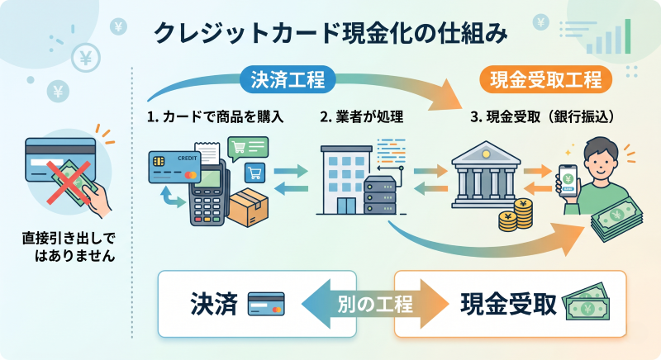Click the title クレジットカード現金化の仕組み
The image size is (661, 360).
[x=330, y=35]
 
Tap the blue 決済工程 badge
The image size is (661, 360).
[x=288, y=80]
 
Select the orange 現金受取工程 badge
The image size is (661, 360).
[x=545, y=80]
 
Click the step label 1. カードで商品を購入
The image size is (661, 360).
[x=216, y=116]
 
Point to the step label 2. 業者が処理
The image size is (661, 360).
[x=362, y=116]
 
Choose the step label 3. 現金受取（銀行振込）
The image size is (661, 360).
[x=542, y=116]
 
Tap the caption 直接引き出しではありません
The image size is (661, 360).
[x=68, y=247]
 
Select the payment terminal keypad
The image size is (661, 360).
[x=206, y=207]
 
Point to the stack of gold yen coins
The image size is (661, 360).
[x=516, y=216]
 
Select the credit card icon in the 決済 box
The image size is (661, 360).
[x=266, y=304]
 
